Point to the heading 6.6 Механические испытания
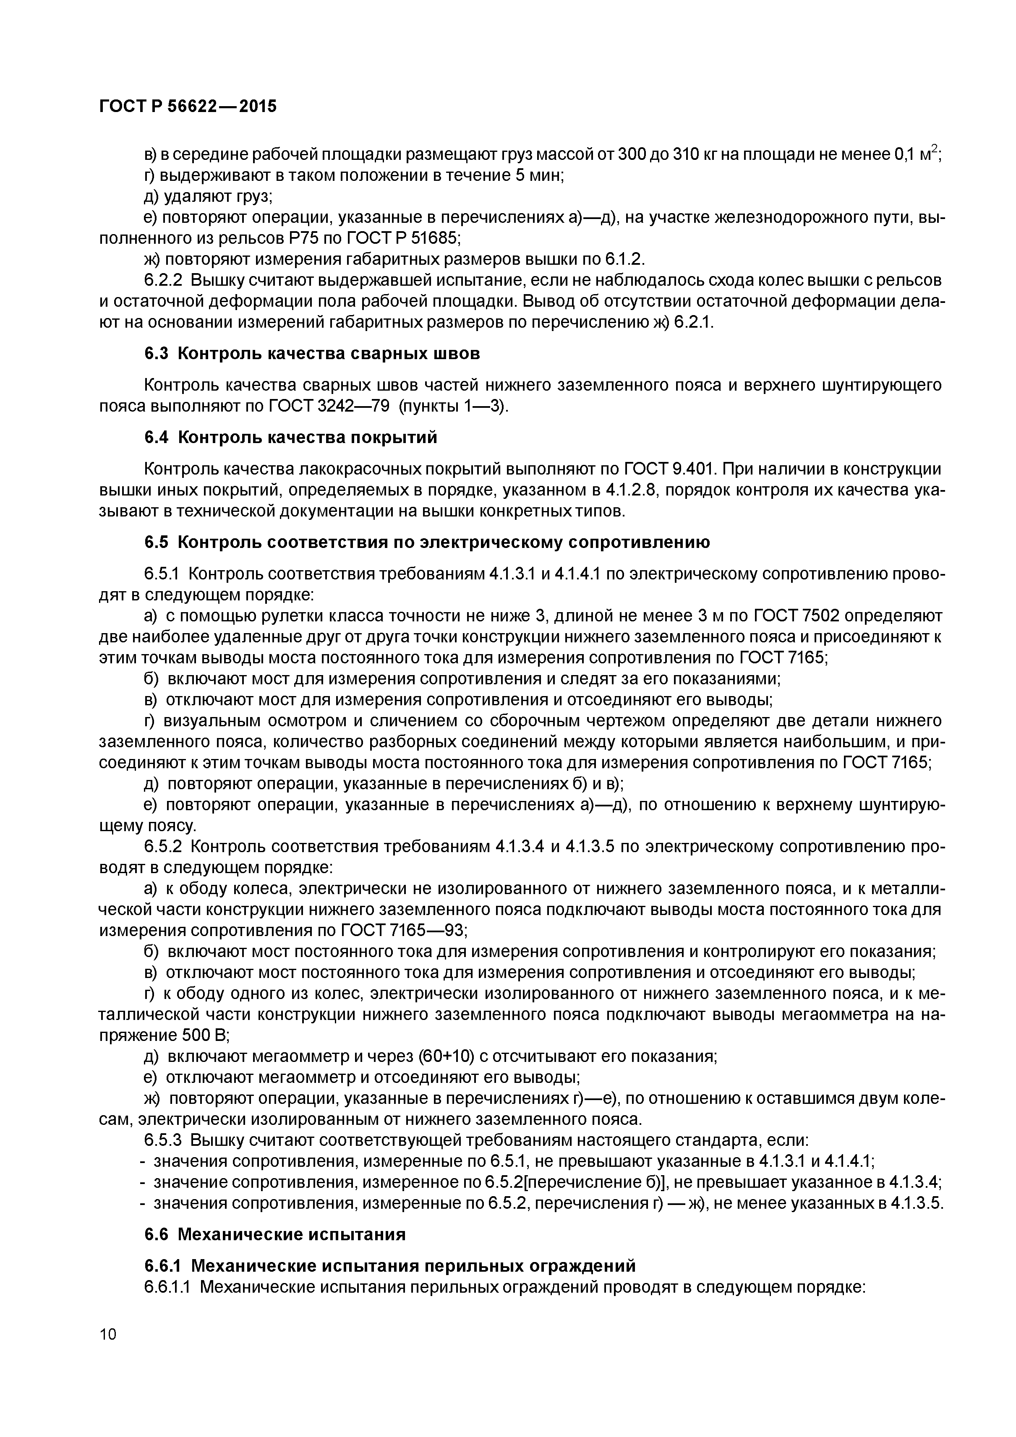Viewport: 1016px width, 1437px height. point(275,1235)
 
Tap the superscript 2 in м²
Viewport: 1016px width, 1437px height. point(934,149)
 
